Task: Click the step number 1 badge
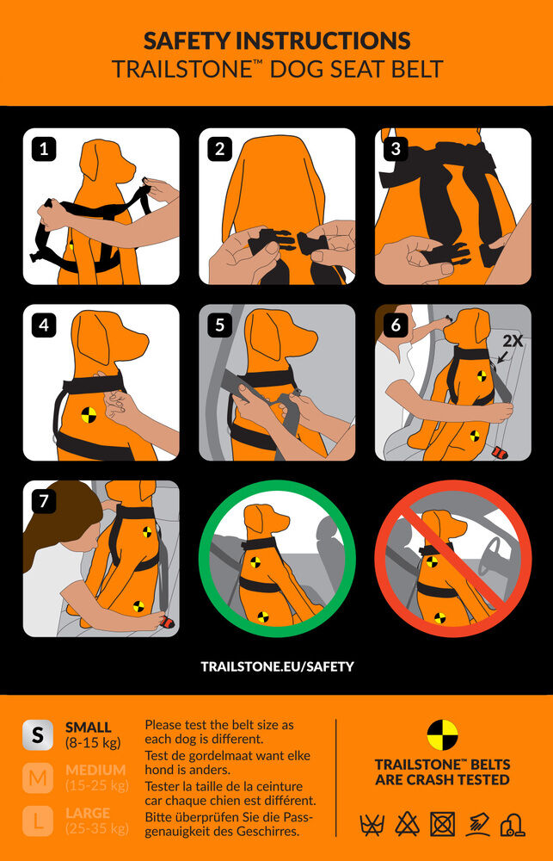click(44, 150)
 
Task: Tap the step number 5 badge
click(220, 325)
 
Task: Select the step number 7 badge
click(44, 501)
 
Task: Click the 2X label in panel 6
click(513, 341)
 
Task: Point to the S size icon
click(38, 734)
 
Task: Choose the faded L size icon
click(38, 821)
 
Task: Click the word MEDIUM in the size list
click(95, 770)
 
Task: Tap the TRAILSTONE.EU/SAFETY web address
click(277, 666)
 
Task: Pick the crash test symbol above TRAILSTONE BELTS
click(442, 735)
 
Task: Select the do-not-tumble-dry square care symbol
click(442, 824)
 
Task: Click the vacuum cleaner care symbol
click(513, 824)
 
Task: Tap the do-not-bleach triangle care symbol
click(407, 824)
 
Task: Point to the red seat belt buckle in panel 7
click(168, 622)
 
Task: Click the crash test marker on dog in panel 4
click(89, 415)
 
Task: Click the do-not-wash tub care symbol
click(372, 825)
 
